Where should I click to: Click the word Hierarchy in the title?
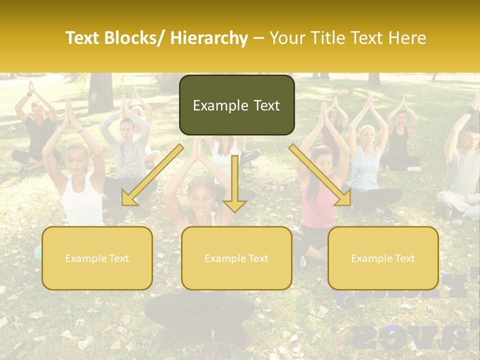point(209,38)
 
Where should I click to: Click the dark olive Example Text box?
point(236,105)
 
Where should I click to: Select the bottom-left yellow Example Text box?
point(97,258)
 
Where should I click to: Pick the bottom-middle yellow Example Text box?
point(236,258)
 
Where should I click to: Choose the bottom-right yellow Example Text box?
point(383,258)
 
